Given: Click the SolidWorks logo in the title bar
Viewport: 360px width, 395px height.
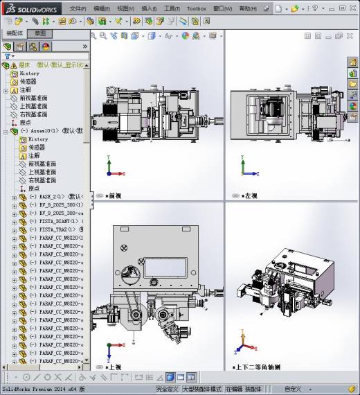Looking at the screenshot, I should pos(28,8).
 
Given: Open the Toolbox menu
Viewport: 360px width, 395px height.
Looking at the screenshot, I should pos(197,9).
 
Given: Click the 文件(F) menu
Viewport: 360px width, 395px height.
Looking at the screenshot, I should pos(78,9).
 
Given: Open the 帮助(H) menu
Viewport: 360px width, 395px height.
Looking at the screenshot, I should pos(247,9).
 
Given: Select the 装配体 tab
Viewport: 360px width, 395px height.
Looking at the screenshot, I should pos(15,33).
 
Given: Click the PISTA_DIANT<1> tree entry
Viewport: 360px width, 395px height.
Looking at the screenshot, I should pos(58,221).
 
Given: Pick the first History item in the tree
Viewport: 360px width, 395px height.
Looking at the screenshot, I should pos(29,73).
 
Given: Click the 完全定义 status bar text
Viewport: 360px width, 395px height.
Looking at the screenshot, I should pos(167,389).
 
